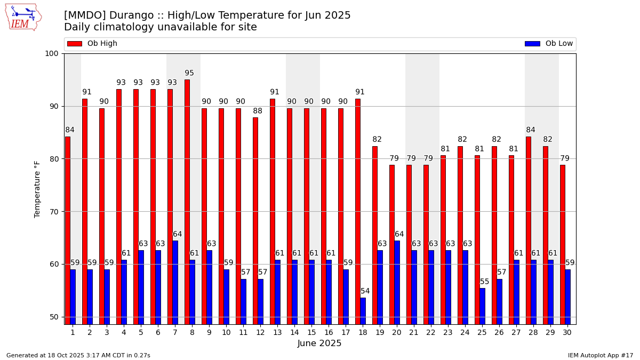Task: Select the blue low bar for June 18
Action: (x=363, y=311)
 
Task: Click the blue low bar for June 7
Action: (x=175, y=282)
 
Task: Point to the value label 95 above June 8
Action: (x=189, y=74)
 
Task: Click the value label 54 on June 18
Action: (x=365, y=291)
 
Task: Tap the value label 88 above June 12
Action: (x=258, y=111)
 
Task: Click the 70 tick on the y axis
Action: (x=54, y=212)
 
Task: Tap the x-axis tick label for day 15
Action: (x=311, y=332)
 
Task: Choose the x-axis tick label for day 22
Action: (x=431, y=332)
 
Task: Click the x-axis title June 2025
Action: (x=319, y=344)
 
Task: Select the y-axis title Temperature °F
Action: (x=37, y=189)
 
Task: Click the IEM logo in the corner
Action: (x=23, y=17)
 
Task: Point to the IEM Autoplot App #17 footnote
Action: (x=601, y=356)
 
